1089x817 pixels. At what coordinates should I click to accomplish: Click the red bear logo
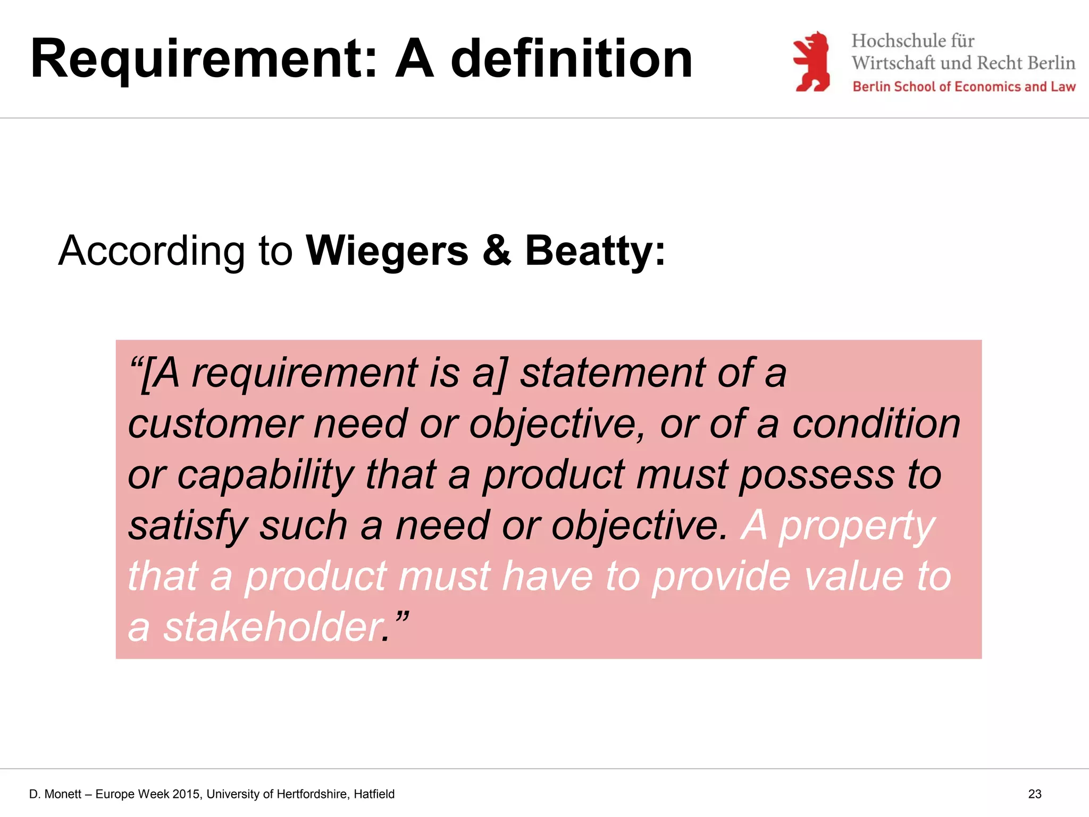pos(811,62)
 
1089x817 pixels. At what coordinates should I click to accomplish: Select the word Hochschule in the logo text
pos(893,41)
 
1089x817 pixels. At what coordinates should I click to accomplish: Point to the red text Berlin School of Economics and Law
pos(964,87)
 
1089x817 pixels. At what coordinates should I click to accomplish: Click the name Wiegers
pos(387,251)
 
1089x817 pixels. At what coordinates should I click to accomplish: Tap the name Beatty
pos(590,251)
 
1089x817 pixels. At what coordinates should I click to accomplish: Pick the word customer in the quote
pos(215,424)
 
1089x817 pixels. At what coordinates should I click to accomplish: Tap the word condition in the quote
pos(876,424)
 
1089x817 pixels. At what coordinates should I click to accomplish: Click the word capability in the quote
pos(265,475)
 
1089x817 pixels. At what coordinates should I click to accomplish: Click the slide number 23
pos(1034,794)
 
